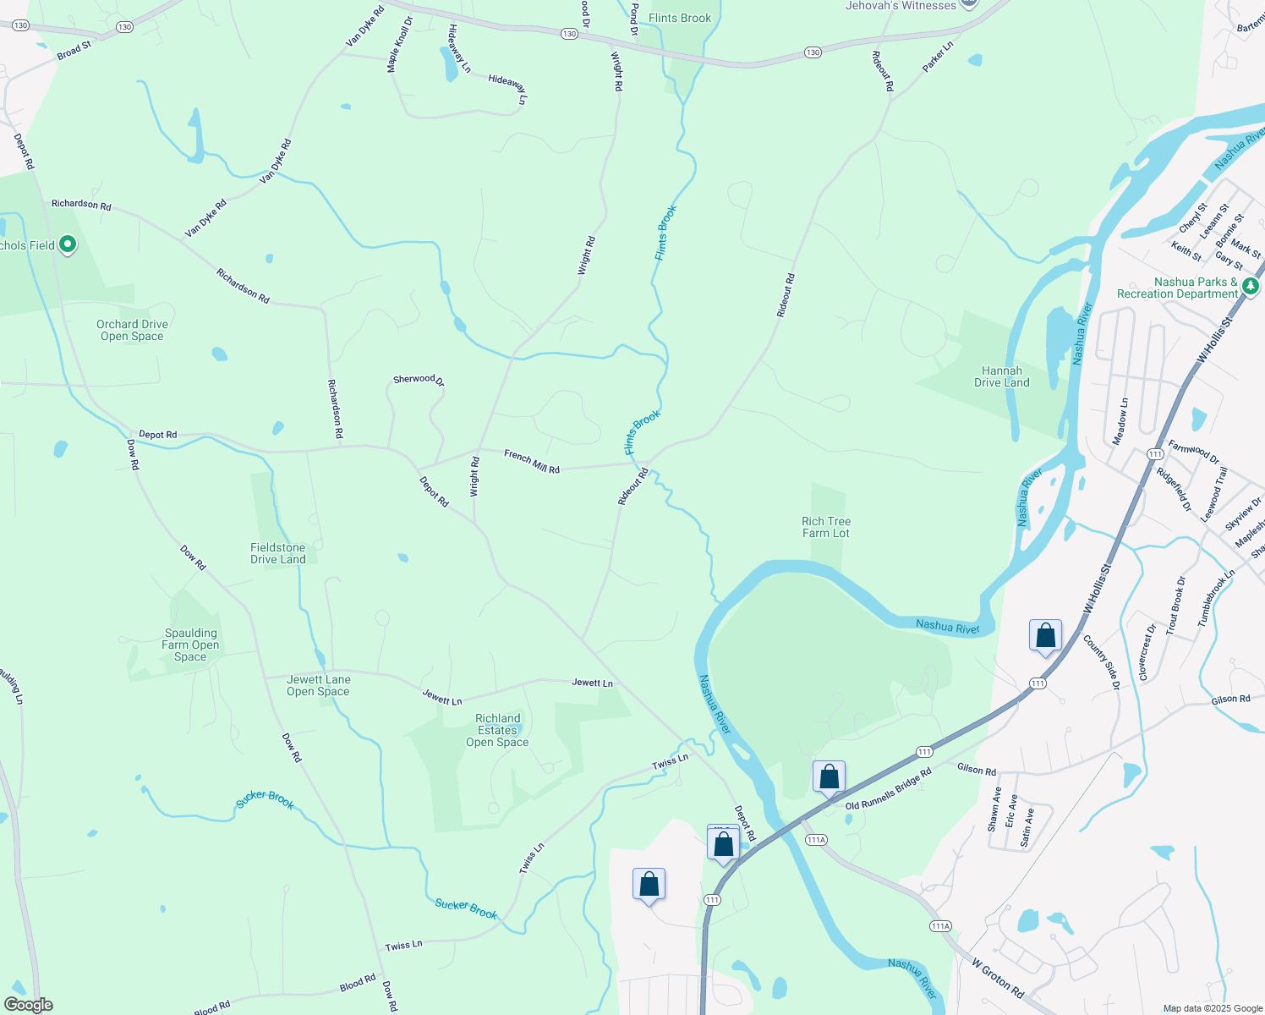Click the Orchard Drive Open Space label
pyautogui.click(x=132, y=330)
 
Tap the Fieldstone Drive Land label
pyautogui.click(x=277, y=553)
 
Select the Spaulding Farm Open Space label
pyautogui.click(x=190, y=645)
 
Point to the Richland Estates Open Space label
pyautogui.click(x=497, y=730)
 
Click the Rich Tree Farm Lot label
pyautogui.click(x=826, y=527)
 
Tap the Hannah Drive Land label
pyautogui.click(x=1002, y=376)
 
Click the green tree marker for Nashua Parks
pyautogui.click(x=1251, y=287)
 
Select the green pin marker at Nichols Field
pyautogui.click(x=68, y=245)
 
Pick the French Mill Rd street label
pyautogui.click(x=532, y=462)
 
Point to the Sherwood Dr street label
pyautogui.click(x=418, y=380)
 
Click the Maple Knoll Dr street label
pyautogui.click(x=398, y=44)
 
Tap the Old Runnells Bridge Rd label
pyautogui.click(x=888, y=788)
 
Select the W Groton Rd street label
pyautogui.click(x=998, y=979)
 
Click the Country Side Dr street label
pyautogui.click(x=1100, y=662)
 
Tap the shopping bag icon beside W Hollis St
pyautogui.click(x=1045, y=636)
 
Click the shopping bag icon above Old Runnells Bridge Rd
pyautogui.click(x=829, y=776)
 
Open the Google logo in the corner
pyautogui.click(x=28, y=1005)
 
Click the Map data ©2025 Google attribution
pyautogui.click(x=1213, y=1008)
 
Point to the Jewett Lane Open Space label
pyautogui.click(x=318, y=685)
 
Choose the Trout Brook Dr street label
pyautogui.click(x=1175, y=606)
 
